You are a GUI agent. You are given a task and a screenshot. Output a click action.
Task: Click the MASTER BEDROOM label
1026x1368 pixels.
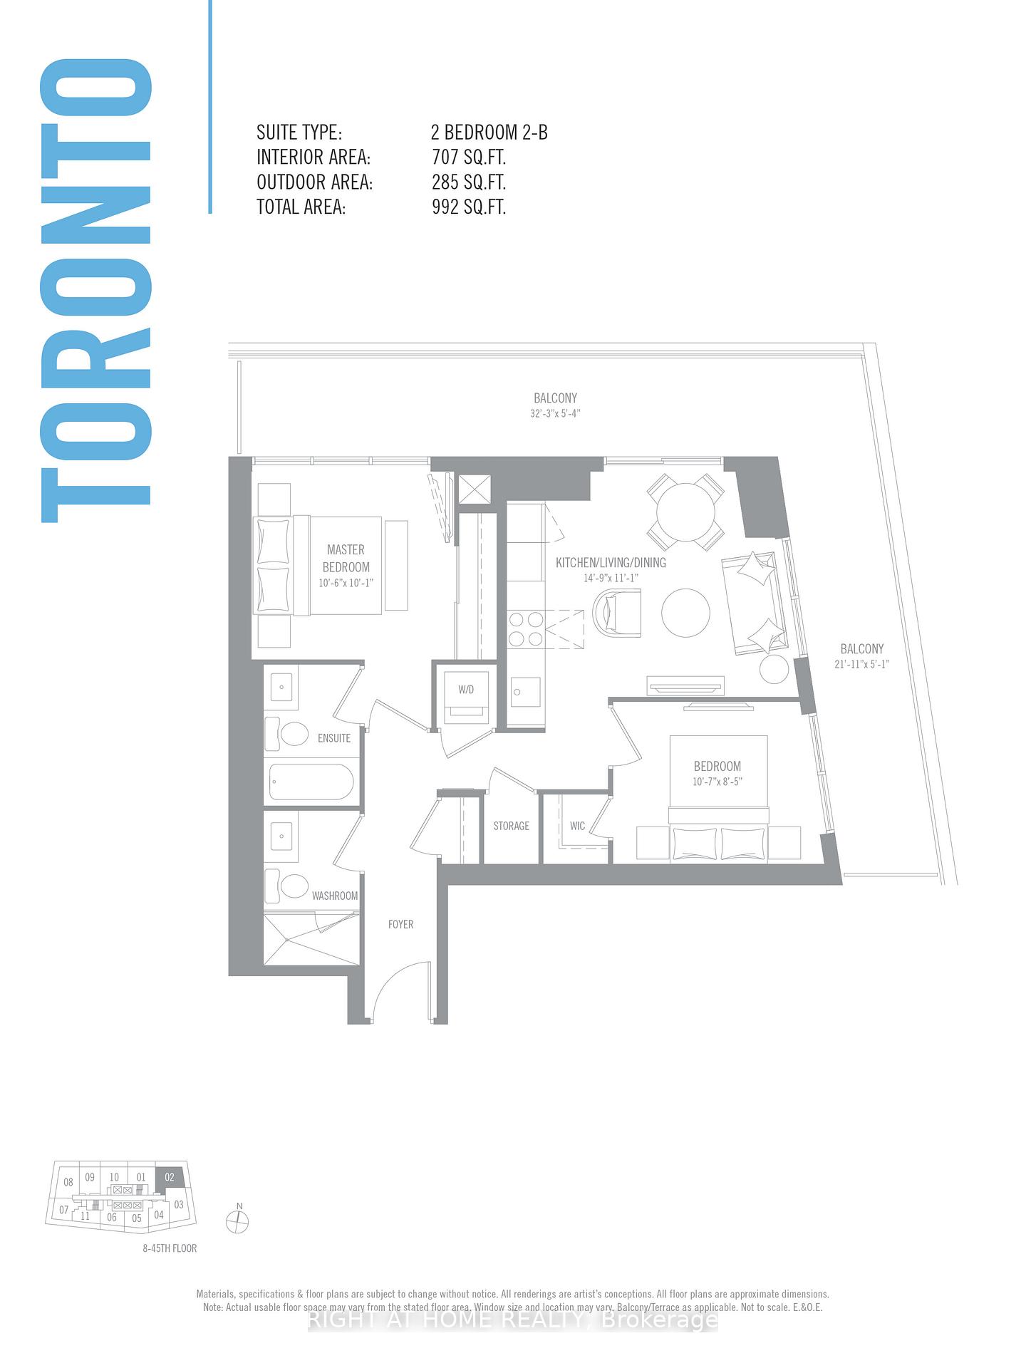(346, 558)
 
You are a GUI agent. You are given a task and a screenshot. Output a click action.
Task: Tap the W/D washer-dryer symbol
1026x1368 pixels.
(465, 697)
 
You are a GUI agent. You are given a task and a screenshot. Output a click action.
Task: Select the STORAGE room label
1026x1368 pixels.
(511, 826)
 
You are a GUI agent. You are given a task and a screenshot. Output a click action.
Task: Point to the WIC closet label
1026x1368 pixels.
(577, 826)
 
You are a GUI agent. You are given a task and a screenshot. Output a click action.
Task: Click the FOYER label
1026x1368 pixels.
(400, 924)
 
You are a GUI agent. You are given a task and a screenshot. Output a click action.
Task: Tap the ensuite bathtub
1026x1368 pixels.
(311, 782)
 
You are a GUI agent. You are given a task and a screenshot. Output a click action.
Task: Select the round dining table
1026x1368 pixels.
(685, 513)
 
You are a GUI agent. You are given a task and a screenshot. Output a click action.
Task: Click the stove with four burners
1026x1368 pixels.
(526, 629)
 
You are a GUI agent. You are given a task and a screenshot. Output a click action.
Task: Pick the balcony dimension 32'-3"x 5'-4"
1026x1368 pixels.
(555, 414)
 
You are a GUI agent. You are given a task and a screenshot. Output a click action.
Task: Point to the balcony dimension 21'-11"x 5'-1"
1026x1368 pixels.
(861, 664)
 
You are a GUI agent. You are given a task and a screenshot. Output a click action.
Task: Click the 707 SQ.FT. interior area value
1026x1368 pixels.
(468, 157)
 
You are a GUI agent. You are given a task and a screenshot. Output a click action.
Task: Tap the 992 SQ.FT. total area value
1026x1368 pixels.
(468, 207)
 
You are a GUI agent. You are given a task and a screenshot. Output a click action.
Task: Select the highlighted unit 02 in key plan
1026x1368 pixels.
(170, 1177)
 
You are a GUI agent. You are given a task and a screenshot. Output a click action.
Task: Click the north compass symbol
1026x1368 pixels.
(237, 1222)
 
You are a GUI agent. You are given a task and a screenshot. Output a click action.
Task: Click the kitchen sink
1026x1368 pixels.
(525, 692)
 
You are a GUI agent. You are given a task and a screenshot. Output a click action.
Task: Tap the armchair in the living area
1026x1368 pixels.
(616, 611)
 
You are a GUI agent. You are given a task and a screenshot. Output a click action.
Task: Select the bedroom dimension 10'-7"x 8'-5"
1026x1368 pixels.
(717, 782)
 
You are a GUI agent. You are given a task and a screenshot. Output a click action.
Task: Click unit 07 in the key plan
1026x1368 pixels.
(64, 1209)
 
